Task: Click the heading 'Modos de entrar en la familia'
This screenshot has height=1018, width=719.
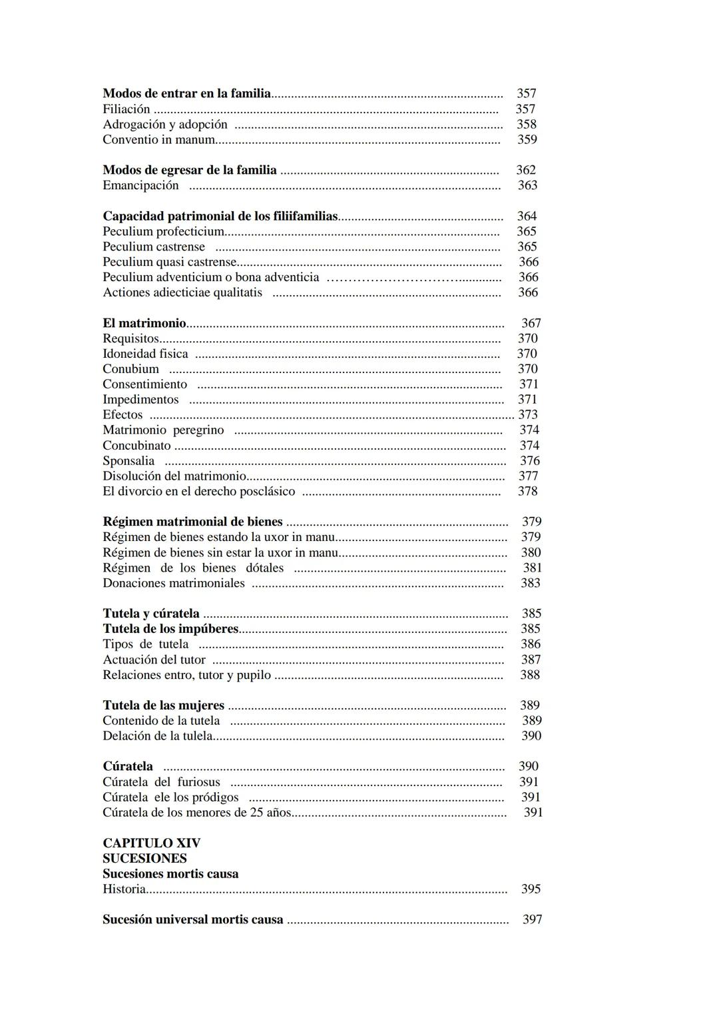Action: point(186,94)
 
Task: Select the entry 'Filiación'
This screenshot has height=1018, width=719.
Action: point(126,109)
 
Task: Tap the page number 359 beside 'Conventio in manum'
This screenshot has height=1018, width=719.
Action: point(527,140)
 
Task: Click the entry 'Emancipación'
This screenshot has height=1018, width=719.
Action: point(140,186)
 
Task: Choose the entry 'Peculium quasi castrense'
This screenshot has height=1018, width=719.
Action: point(170,262)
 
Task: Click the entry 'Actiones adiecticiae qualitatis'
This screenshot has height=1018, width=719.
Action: point(182,293)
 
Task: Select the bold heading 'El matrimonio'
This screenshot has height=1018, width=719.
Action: point(144,324)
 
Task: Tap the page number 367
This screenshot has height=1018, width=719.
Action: point(531,324)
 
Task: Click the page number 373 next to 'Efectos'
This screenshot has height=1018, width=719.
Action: point(527,415)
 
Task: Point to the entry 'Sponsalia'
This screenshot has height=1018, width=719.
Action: point(128,461)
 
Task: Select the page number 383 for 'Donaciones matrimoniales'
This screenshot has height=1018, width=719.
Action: point(530,584)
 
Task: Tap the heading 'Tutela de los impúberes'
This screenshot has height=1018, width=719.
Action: point(170,629)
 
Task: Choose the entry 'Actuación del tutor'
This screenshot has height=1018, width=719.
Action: point(154,660)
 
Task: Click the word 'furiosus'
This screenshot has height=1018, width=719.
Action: point(198,782)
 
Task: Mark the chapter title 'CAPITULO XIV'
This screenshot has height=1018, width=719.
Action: point(151,843)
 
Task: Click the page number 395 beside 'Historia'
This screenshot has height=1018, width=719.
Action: point(531,889)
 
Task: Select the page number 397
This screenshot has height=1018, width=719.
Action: point(532,920)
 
